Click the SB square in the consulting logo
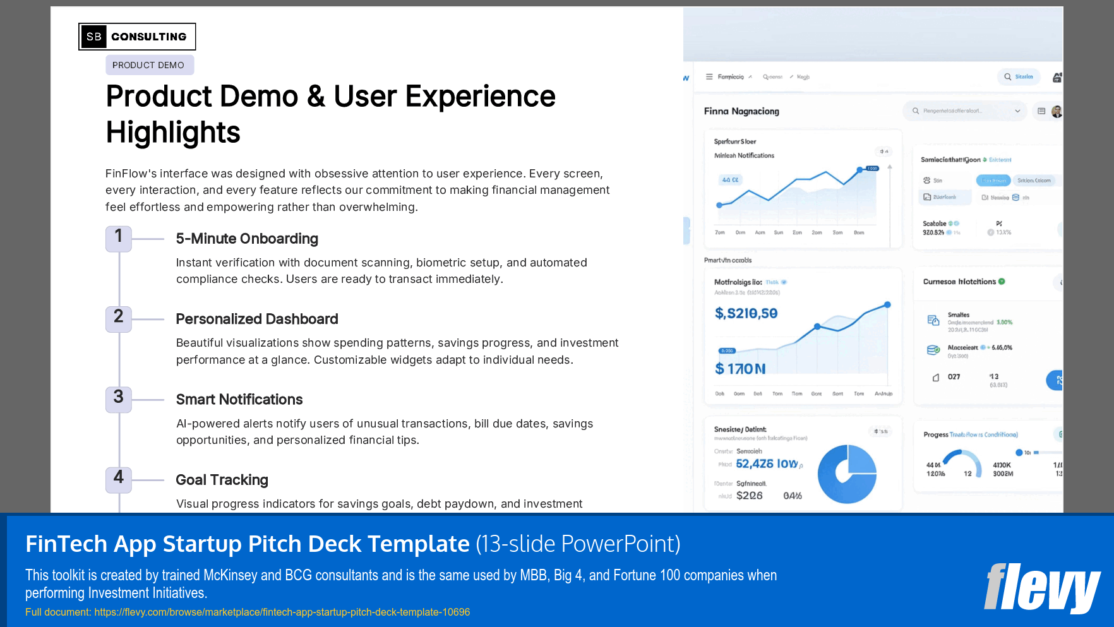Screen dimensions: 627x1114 [x=93, y=37]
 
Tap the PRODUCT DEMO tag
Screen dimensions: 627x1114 [x=149, y=65]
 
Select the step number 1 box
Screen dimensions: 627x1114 [x=119, y=238]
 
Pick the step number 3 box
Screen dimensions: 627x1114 [x=119, y=399]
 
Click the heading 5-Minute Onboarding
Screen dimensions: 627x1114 [x=247, y=239]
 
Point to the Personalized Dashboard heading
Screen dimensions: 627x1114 [x=257, y=319]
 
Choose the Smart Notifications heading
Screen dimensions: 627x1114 [x=239, y=400]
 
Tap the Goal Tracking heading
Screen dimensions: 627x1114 [x=222, y=480]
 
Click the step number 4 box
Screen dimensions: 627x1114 [x=119, y=479]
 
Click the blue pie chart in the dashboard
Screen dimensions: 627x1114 [x=847, y=474]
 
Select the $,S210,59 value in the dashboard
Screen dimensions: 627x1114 [x=746, y=313]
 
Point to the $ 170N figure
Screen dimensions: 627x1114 [x=740, y=369]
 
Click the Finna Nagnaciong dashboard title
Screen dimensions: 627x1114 [x=741, y=111]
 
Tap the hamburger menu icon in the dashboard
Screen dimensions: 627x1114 [x=709, y=77]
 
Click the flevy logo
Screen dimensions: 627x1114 [x=1041, y=588]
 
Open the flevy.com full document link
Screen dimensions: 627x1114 [x=282, y=612]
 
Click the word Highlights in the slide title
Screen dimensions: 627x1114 [x=173, y=133]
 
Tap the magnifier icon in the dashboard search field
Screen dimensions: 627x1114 [x=916, y=111]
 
